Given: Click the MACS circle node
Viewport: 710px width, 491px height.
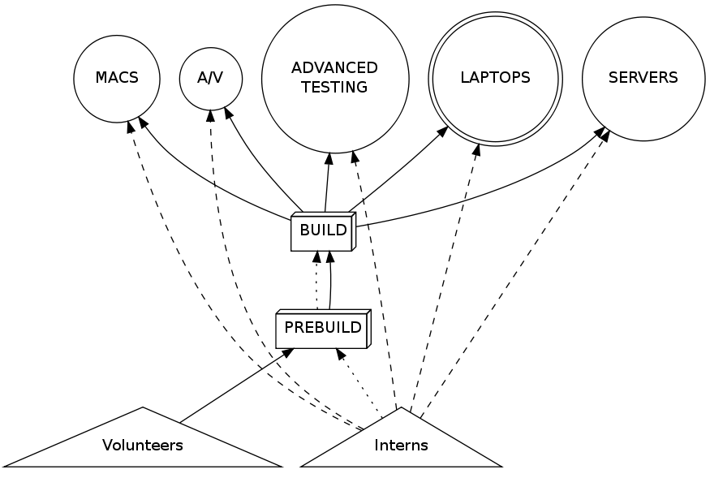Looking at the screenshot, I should [x=117, y=79].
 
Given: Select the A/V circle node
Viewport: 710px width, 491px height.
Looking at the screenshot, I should [x=211, y=79].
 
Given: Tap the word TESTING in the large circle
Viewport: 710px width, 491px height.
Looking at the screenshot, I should [x=334, y=88].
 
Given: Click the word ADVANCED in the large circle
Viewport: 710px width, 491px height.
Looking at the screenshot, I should [x=334, y=68].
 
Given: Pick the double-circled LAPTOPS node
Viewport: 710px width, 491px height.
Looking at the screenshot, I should [x=495, y=79].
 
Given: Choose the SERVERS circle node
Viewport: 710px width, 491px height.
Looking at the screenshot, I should [x=643, y=79].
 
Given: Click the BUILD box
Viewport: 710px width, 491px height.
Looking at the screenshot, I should [x=323, y=230].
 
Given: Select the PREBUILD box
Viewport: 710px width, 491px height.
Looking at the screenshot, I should [x=322, y=329].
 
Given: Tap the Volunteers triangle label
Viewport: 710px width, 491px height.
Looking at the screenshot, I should [x=143, y=445].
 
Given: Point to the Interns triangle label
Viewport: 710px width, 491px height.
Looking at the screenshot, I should [x=401, y=445].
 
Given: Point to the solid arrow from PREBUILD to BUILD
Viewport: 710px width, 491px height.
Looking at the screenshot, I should [x=330, y=280].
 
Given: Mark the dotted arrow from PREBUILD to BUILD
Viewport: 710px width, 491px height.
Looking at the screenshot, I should [x=316, y=280].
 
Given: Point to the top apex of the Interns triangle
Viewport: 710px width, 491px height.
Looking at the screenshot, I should [x=401, y=407].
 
